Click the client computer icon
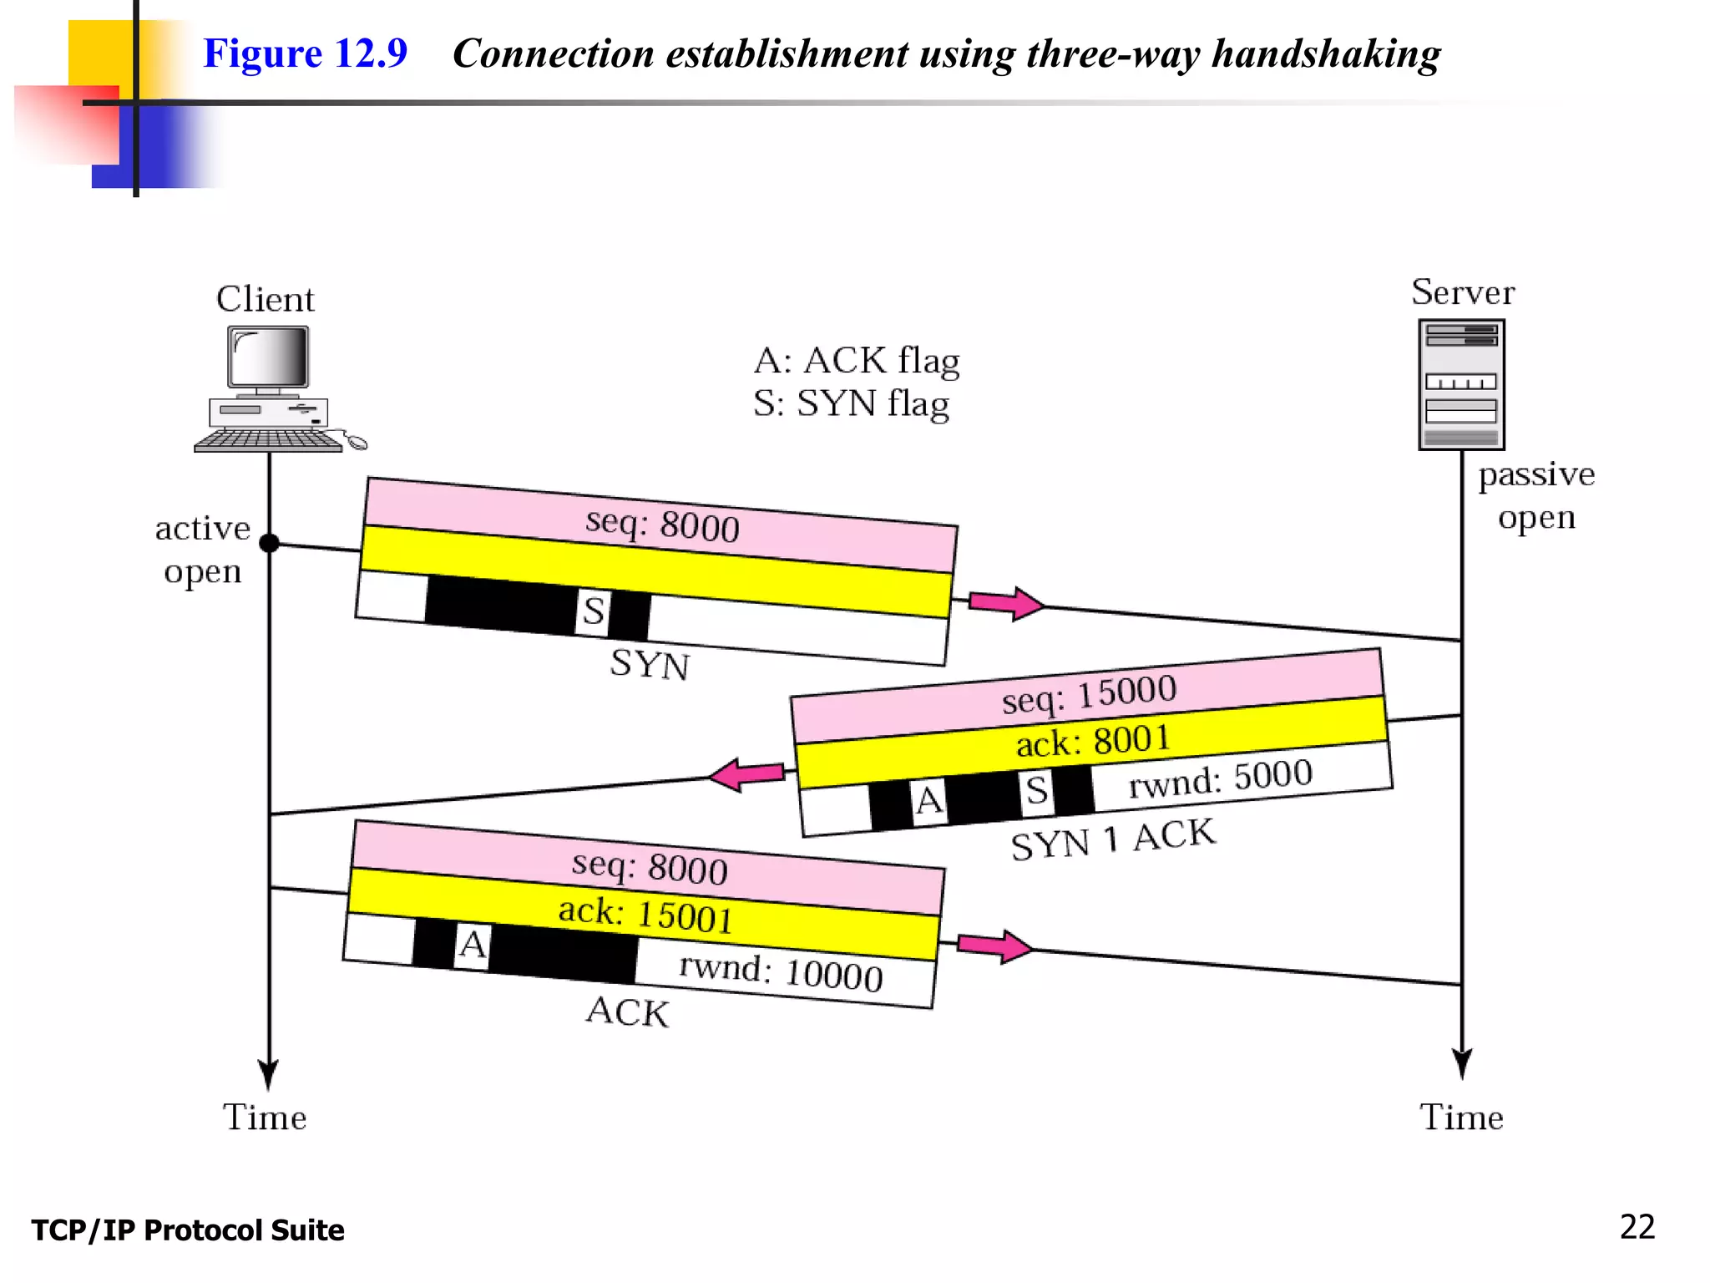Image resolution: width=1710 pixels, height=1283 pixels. [x=269, y=389]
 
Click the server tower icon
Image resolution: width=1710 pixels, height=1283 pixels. [x=1461, y=384]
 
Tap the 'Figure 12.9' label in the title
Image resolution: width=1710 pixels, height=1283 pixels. [x=305, y=53]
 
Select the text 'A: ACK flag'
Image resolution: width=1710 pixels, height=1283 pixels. [x=857, y=361]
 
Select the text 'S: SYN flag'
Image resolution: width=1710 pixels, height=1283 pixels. [x=851, y=403]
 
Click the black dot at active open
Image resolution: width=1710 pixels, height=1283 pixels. [x=269, y=543]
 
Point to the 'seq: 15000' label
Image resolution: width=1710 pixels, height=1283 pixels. [x=1089, y=694]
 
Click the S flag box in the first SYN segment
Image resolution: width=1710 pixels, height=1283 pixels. [x=593, y=611]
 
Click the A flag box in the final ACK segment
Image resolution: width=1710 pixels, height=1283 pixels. [x=472, y=946]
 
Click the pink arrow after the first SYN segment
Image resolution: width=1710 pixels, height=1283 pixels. [x=1005, y=603]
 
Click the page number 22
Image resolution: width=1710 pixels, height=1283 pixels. [x=1637, y=1227]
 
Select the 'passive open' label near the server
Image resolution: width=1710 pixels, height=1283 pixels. [x=1536, y=495]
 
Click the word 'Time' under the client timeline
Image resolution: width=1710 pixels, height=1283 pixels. [x=265, y=1118]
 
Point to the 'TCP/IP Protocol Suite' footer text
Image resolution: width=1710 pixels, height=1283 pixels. [x=188, y=1230]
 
